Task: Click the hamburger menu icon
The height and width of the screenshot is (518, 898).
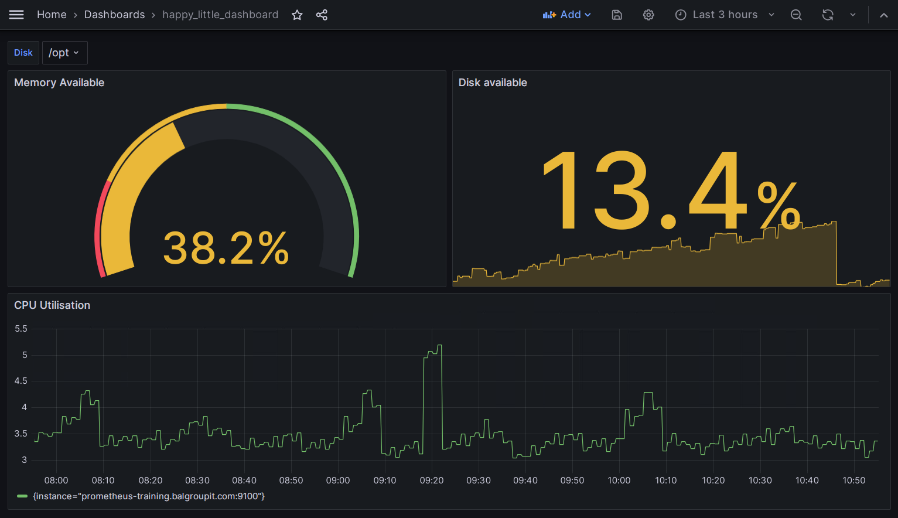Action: (x=16, y=15)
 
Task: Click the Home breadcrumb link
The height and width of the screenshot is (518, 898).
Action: (x=52, y=15)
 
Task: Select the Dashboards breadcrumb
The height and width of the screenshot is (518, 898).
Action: (x=114, y=15)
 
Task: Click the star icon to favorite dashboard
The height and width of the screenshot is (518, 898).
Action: (x=297, y=15)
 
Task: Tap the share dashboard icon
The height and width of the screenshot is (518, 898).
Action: (x=322, y=15)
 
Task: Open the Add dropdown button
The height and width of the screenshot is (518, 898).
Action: (x=566, y=15)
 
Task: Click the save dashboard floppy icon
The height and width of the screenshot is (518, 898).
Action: (x=617, y=15)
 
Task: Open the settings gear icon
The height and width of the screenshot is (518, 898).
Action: (x=648, y=15)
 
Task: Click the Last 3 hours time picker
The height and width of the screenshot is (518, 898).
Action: (x=725, y=15)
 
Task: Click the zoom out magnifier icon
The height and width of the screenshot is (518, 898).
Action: (x=796, y=15)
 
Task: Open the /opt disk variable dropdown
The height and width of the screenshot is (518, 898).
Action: (x=64, y=53)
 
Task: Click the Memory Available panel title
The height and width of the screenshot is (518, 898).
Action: (x=59, y=83)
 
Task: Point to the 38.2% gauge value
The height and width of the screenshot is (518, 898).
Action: (x=226, y=248)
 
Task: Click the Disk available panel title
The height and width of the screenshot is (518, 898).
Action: (x=493, y=83)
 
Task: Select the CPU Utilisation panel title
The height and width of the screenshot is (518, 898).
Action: (x=52, y=305)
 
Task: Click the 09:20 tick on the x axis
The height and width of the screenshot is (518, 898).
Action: (x=432, y=480)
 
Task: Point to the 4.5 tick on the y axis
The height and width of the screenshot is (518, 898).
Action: (x=21, y=381)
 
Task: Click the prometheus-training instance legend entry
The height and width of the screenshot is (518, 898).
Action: (x=149, y=496)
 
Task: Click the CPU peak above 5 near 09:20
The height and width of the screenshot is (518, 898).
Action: (x=439, y=346)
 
